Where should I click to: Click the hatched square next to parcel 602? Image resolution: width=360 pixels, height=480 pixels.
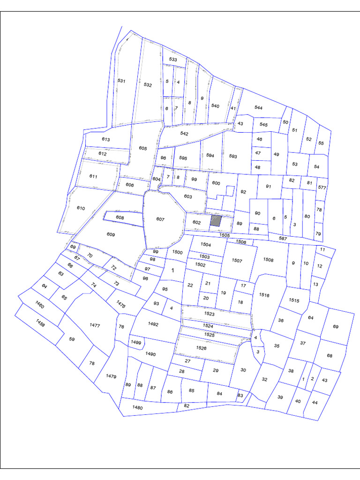[215, 221]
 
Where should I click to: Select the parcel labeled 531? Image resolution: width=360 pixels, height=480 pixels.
[121, 81]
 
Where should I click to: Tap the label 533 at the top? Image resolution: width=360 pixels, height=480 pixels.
[173, 60]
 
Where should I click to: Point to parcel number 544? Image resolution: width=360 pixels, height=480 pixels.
[258, 108]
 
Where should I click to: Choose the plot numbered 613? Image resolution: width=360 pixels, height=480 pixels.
[105, 140]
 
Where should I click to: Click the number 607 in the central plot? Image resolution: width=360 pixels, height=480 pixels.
[161, 219]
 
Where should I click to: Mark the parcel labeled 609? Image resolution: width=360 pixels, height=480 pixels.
[111, 234]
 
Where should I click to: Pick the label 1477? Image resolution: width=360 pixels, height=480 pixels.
[94, 325]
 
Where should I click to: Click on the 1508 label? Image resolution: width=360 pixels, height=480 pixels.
[268, 260]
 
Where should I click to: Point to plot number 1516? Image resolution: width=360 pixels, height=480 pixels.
[264, 295]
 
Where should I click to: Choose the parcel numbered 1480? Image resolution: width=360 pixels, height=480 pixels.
[137, 408]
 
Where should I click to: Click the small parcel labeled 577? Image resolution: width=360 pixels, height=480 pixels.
[322, 187]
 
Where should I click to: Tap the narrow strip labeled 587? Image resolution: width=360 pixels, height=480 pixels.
[282, 239]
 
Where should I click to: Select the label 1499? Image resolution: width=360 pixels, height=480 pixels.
[136, 343]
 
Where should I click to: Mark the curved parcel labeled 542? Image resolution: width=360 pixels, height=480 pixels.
[184, 134]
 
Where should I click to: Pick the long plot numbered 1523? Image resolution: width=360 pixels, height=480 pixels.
[209, 314]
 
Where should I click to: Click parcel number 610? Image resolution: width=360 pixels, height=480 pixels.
[81, 208]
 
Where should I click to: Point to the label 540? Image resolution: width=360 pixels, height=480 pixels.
[215, 106]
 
